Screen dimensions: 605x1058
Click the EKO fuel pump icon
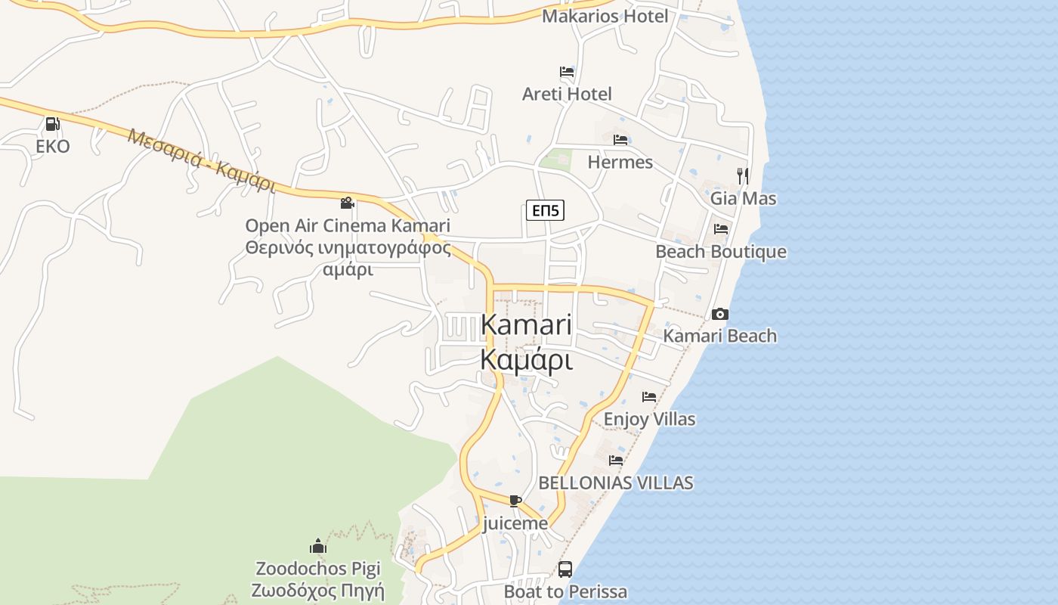tap(52, 124)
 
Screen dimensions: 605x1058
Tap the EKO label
tap(53, 146)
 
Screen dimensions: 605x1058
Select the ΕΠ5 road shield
tap(545, 211)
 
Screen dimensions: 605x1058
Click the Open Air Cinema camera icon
tap(347, 203)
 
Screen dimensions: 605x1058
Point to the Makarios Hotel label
tap(605, 16)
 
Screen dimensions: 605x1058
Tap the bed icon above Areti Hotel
tap(567, 73)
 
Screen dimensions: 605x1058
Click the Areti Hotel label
tap(567, 94)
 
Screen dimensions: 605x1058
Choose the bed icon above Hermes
tap(620, 140)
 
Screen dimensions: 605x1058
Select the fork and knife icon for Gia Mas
tap(743, 176)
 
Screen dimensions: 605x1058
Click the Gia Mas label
tap(743, 198)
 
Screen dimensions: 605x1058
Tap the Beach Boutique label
tap(720, 251)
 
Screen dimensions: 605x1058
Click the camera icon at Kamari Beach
tap(719, 314)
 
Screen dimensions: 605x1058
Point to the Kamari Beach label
tap(719, 336)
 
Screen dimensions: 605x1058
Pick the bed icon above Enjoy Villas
tap(649, 396)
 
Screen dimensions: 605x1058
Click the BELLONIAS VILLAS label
tap(615, 482)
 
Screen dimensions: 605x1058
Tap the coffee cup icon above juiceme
tap(515, 501)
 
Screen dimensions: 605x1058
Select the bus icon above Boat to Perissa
tap(565, 569)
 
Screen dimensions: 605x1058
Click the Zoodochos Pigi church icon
tap(318, 546)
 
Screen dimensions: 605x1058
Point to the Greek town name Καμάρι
tap(526, 360)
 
